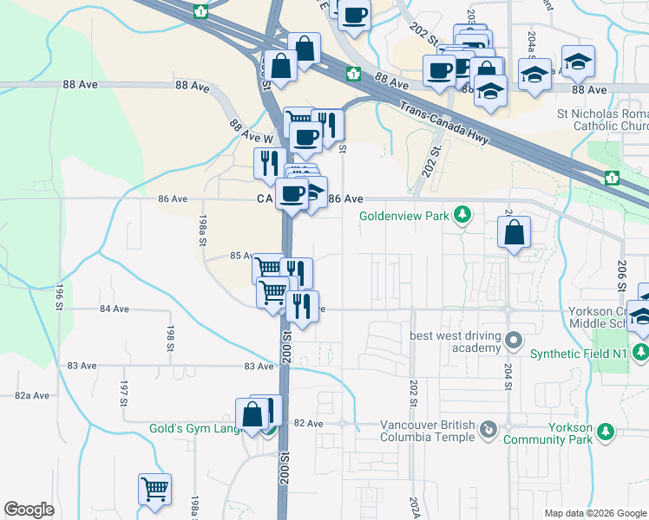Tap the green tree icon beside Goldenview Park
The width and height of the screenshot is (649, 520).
463,213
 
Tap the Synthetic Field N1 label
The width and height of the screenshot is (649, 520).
578,353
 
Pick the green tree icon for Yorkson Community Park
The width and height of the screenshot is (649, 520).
606,431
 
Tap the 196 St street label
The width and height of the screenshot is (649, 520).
60,292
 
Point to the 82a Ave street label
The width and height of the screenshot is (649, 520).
32,395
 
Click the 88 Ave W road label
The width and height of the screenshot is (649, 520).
251,132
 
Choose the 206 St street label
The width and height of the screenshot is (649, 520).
621,275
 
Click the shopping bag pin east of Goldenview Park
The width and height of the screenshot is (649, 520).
515,233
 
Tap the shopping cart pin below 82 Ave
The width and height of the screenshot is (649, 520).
154,489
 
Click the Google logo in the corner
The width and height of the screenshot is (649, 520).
29,510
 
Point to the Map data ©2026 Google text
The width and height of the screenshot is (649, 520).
594,513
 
